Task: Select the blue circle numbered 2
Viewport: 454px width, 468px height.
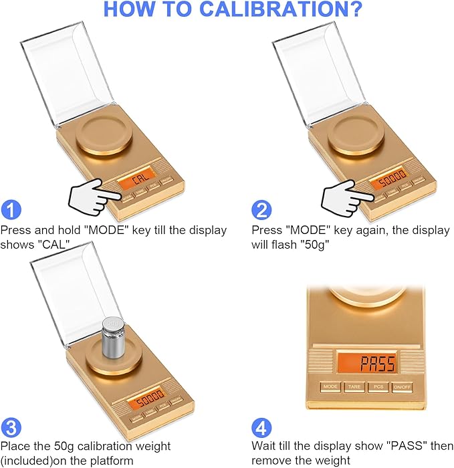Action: [x=261, y=210]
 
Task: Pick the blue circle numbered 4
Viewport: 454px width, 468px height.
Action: [x=261, y=427]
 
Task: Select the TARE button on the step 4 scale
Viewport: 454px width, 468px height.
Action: [x=354, y=386]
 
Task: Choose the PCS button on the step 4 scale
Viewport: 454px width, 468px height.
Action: [x=378, y=386]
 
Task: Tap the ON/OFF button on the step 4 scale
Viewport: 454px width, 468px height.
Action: [x=402, y=386]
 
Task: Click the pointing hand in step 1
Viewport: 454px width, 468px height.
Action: [x=94, y=196]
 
